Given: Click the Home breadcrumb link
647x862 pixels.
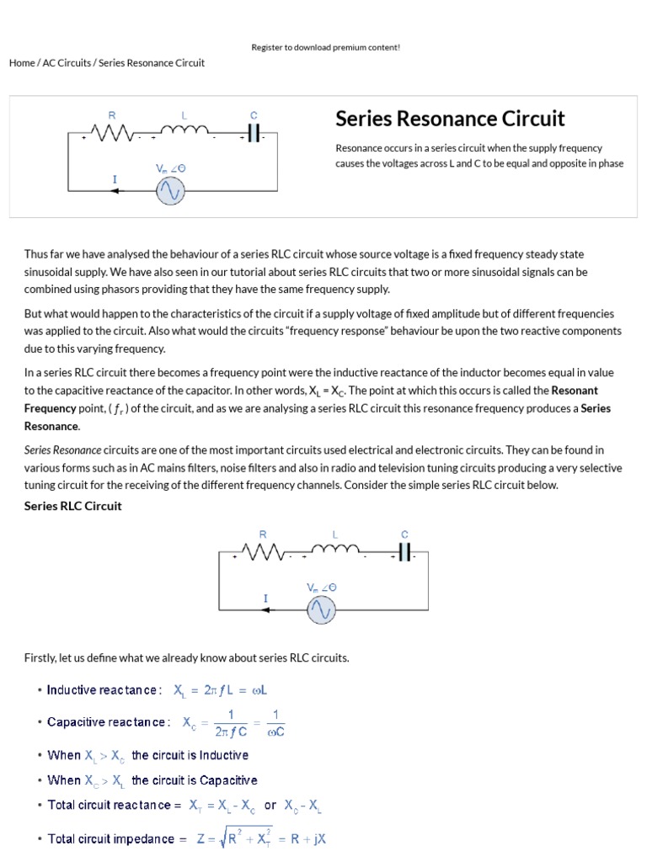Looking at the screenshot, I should [x=22, y=63].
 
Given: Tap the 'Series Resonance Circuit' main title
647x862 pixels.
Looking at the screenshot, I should [x=450, y=119].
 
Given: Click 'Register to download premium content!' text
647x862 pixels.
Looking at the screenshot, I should [x=325, y=47].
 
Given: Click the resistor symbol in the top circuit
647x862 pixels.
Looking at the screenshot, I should [x=112, y=132].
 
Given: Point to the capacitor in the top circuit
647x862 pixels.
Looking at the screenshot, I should [x=254, y=133].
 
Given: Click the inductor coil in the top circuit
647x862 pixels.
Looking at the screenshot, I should [x=184, y=130].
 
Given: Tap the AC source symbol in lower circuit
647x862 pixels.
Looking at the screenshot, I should [x=321, y=609].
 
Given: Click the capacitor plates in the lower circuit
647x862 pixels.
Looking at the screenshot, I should [x=404, y=551].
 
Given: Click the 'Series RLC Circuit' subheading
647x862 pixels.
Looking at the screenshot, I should [x=73, y=506].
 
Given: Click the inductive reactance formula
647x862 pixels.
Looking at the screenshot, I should [x=221, y=690].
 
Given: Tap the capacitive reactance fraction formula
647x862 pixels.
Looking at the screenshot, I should [x=229, y=723].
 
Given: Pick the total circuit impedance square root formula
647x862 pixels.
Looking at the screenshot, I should [x=261, y=838].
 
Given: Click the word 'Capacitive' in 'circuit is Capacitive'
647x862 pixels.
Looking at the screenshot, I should [x=228, y=780].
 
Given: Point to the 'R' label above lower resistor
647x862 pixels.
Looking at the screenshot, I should [x=263, y=534].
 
